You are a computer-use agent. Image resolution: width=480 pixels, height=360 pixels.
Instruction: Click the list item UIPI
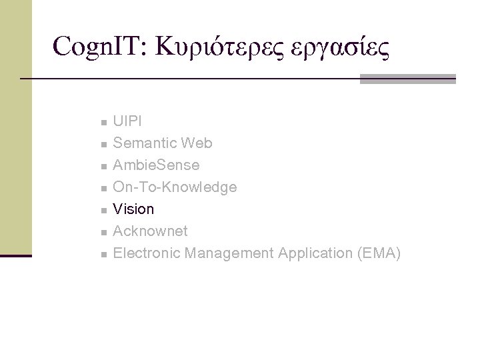tap(127, 121)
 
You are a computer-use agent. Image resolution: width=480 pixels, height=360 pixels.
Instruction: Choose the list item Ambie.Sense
tap(156, 165)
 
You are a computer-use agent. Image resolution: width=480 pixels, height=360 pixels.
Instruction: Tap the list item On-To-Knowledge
tap(175, 187)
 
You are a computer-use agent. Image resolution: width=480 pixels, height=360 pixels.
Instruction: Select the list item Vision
tap(133, 209)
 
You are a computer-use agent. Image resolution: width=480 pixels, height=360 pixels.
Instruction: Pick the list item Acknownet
tap(150, 231)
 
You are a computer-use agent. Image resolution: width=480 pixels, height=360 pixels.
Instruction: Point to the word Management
tap(229, 253)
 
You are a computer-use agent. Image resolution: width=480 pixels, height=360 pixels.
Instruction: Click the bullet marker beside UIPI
tap(103, 123)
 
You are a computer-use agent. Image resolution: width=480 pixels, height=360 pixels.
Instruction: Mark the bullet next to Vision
tap(103, 211)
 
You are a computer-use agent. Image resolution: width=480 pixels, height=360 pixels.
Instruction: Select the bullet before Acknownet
tap(103, 233)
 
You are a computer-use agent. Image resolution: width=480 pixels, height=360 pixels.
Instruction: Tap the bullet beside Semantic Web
tap(103, 145)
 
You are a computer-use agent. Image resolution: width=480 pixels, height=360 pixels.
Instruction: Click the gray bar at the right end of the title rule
tap(407, 79)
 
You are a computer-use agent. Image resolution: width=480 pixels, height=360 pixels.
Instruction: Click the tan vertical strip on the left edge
tap(15, 127)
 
